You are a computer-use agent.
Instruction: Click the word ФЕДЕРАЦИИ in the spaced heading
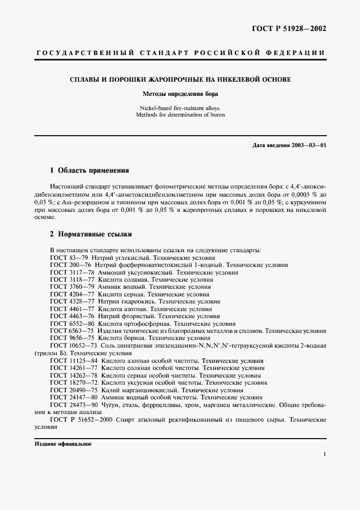point(297,53)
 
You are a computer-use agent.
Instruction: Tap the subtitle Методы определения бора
point(180,94)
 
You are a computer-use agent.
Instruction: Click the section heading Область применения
point(93,170)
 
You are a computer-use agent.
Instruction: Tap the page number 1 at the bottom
point(325,454)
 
